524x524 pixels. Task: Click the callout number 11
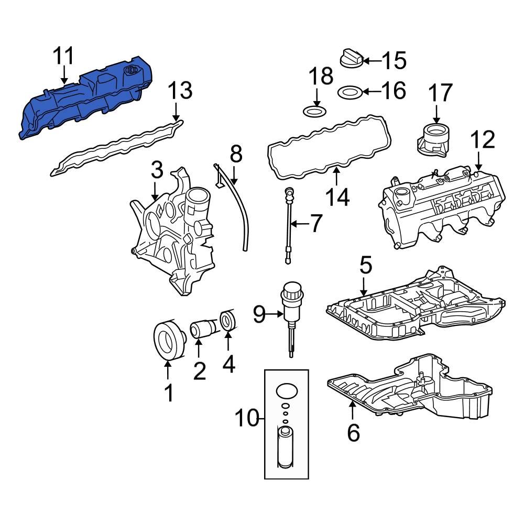(x=63, y=57)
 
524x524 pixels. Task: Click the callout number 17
(x=440, y=93)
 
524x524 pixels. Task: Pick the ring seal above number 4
(x=229, y=322)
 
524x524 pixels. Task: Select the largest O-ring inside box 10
(x=286, y=391)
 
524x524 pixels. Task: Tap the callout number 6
(x=354, y=433)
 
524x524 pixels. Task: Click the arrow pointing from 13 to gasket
(x=176, y=111)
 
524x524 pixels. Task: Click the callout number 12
(x=482, y=140)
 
